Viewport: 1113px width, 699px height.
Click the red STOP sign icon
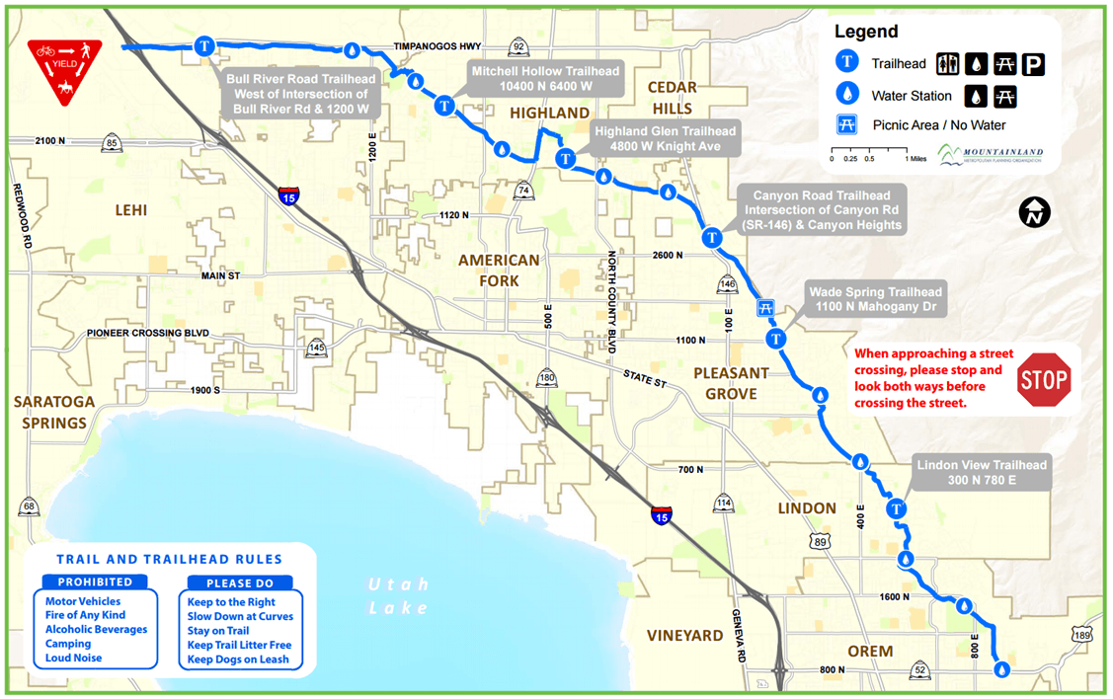click(1044, 379)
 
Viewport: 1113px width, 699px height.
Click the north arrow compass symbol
click(1036, 211)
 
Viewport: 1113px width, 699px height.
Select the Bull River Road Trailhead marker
click(204, 45)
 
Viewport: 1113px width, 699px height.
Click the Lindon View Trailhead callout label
click(981, 473)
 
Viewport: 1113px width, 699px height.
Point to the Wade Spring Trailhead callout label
click(875, 299)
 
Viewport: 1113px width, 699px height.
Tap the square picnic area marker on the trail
click(764, 308)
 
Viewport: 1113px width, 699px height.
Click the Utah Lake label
click(398, 595)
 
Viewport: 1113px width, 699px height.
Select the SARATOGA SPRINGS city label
click(54, 413)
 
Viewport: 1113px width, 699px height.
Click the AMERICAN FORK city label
click(499, 270)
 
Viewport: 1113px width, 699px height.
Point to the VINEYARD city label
click(684, 636)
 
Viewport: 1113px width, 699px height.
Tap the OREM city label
click(870, 651)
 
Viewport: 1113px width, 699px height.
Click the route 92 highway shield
click(518, 46)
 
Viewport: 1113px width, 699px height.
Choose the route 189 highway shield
click(1082, 634)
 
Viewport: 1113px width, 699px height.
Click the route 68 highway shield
click(30, 507)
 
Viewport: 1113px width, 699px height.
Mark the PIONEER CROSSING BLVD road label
click(148, 334)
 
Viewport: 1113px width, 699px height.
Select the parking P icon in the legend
click(1033, 65)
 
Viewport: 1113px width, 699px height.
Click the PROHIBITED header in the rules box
click(95, 582)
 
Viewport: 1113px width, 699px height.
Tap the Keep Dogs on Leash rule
click(238, 660)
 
